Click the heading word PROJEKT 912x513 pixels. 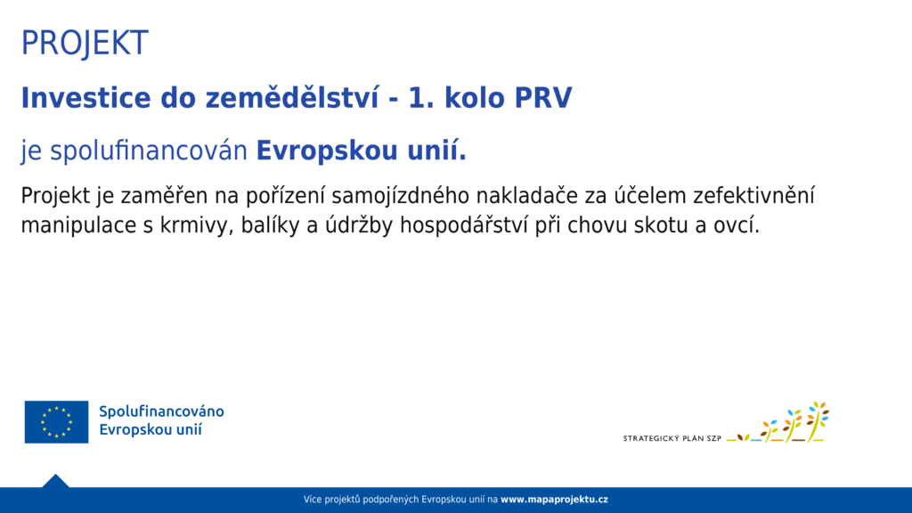pyautogui.click(x=85, y=43)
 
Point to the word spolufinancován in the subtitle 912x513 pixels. pyautogui.click(x=149, y=151)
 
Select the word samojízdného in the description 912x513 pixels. pyautogui.click(x=401, y=196)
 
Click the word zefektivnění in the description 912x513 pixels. pyautogui.click(x=753, y=196)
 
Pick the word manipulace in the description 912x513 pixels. pyautogui.click(x=78, y=225)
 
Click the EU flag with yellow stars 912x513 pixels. pyautogui.click(x=56, y=421)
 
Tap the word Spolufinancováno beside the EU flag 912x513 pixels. pyautogui.click(x=161, y=411)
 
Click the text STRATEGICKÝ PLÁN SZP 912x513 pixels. pyautogui.click(x=672, y=438)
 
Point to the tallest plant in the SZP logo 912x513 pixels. pyautogui.click(x=817, y=421)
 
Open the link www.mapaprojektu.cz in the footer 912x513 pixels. pyautogui.click(x=554, y=499)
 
